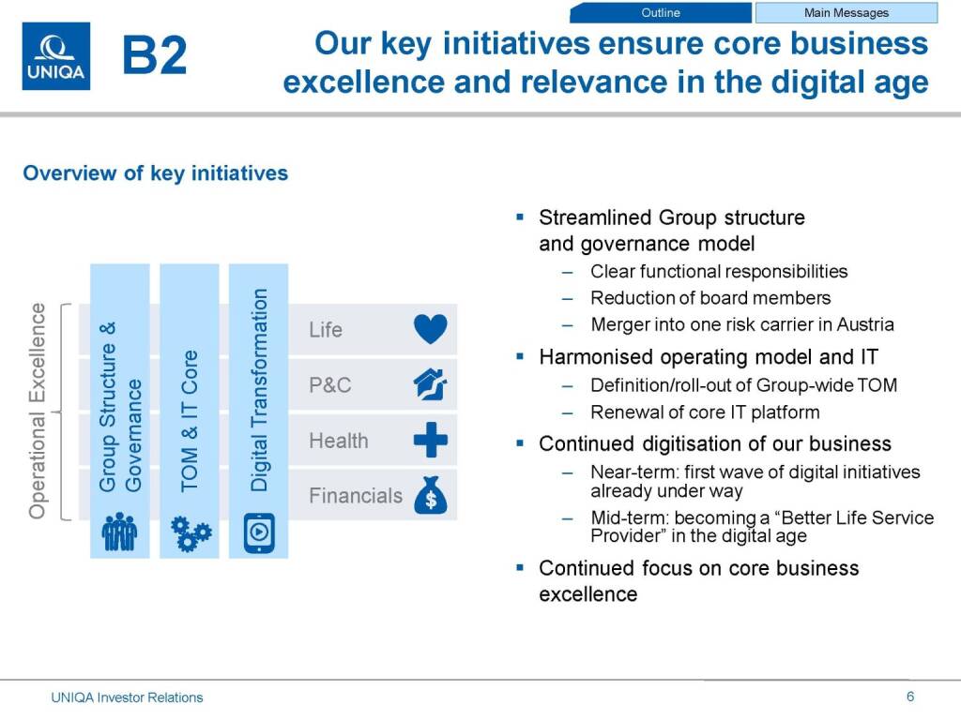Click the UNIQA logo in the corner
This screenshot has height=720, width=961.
(x=55, y=56)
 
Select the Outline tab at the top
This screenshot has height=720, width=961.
(x=661, y=13)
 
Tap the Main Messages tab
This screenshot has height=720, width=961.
(x=846, y=13)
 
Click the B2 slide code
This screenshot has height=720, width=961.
(x=155, y=55)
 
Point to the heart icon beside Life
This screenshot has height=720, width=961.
(x=430, y=329)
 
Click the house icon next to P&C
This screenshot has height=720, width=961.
(x=430, y=384)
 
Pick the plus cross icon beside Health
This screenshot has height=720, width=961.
(x=431, y=440)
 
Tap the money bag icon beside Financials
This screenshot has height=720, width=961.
(x=431, y=495)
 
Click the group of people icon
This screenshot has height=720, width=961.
(x=119, y=532)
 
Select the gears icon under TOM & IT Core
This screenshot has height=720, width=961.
(x=191, y=533)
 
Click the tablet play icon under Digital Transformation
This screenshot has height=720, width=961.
(x=259, y=532)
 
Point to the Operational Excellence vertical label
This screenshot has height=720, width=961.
(x=38, y=411)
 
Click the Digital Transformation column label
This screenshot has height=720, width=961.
(x=259, y=390)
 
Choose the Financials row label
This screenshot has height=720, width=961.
(x=356, y=495)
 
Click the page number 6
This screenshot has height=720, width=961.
(x=910, y=697)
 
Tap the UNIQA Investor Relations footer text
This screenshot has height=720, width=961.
(x=127, y=697)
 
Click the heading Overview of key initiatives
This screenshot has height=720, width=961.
(x=155, y=173)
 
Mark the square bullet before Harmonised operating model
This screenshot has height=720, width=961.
(x=520, y=355)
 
